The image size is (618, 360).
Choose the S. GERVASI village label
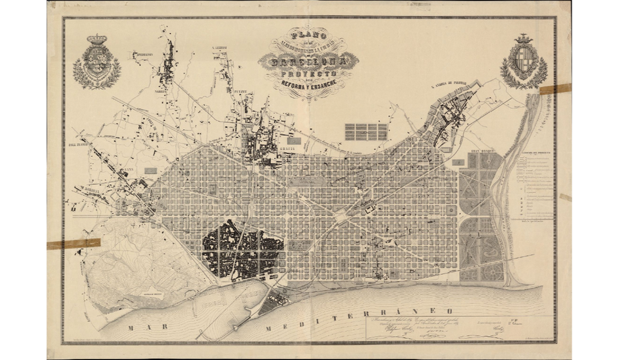[221, 48]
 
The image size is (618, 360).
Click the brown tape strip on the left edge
[73, 244]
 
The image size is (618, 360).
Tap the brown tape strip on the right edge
[555, 89]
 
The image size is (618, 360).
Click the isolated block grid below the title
[366, 131]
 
